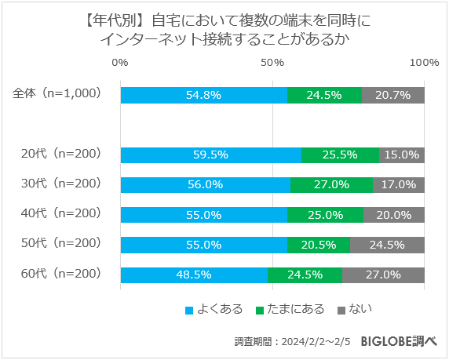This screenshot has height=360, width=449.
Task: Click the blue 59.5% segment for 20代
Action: point(210,155)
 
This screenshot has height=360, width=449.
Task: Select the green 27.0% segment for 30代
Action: point(331,185)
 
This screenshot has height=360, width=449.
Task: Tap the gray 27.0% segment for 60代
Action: point(383,275)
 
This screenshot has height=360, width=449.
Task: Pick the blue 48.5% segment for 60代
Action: point(194,275)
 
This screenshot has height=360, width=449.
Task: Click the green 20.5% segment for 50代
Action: point(318,245)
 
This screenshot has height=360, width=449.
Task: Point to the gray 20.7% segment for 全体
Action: point(393,95)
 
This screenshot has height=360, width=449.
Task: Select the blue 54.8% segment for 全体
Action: point(203,95)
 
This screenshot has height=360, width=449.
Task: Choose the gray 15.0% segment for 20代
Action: point(401,155)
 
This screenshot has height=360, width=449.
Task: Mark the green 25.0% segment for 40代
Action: point(325,215)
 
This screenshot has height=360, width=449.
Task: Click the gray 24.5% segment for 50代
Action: point(387,245)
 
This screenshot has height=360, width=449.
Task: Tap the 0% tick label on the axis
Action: point(120,63)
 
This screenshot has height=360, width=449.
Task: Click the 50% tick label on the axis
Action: point(272,63)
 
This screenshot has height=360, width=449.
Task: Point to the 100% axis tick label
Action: point(424,63)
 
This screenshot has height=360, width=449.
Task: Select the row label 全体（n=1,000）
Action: point(57,93)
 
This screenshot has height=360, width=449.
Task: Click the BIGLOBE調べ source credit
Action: point(398,342)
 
